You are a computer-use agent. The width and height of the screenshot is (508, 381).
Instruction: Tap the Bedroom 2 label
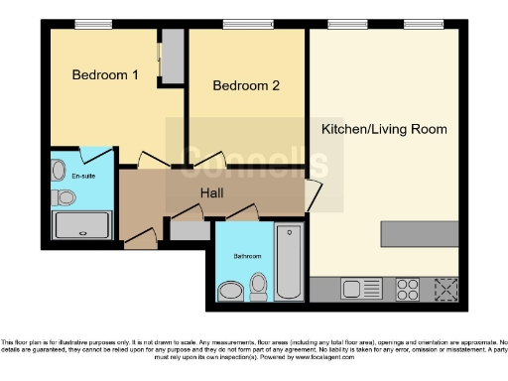click(x=246, y=86)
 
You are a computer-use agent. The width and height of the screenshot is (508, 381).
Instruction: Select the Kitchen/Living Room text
click(x=383, y=129)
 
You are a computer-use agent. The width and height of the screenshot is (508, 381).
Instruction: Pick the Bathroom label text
click(x=247, y=256)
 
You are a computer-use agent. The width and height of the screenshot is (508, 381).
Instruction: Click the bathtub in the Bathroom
click(x=290, y=262)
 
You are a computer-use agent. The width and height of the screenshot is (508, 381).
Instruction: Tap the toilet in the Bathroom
click(x=259, y=287)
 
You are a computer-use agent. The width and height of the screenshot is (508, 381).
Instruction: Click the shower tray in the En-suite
click(x=82, y=227)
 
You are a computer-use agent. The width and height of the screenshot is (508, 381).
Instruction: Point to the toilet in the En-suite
click(x=64, y=197)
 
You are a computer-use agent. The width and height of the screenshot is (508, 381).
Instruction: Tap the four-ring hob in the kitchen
click(x=408, y=289)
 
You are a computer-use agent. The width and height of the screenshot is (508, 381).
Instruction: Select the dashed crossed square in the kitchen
click(x=444, y=289)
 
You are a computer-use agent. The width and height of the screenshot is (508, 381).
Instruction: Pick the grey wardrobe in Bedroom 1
click(x=172, y=57)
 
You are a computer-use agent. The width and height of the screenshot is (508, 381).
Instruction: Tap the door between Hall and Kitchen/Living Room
click(x=313, y=195)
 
